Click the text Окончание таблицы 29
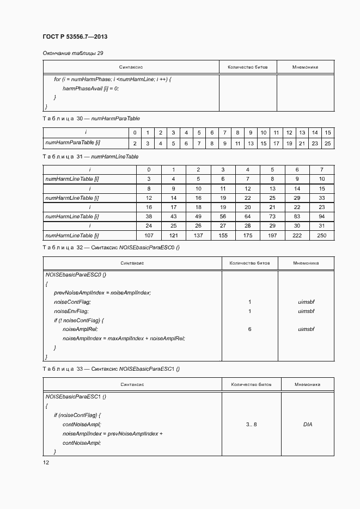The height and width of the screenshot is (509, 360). tap(73, 53)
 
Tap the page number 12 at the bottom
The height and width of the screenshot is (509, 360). tap(46, 462)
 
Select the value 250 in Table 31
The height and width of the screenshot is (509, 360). tap(322, 235)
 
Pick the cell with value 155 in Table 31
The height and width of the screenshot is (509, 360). tap(223, 235)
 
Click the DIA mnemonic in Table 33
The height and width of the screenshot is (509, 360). tap(307, 424)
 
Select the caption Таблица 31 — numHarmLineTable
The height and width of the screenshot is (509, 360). tap(90, 156)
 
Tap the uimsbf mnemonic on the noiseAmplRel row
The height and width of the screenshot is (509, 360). tap(307, 329)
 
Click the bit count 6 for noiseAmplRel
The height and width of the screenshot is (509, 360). tap(249, 329)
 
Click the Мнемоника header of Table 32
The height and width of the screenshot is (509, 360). tap(306, 263)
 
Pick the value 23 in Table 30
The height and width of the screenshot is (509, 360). tap(315, 143)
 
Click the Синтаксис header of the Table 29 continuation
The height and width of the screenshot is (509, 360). tap(131, 67)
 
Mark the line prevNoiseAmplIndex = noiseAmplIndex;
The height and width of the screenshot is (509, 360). tap(102, 292)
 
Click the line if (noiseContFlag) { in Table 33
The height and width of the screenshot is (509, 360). tap(77, 415)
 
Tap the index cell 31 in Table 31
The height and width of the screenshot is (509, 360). tap(322, 225)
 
